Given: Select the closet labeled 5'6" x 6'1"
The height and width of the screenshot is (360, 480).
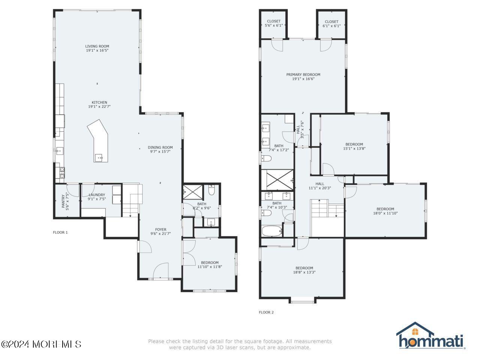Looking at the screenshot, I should (x=273, y=24).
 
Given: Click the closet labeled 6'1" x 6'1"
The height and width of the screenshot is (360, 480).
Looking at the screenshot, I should (x=331, y=24).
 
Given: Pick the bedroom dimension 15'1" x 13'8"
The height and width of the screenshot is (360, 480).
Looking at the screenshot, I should (x=354, y=148).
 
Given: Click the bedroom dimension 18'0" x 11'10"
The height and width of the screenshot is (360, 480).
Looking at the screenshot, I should (x=385, y=213).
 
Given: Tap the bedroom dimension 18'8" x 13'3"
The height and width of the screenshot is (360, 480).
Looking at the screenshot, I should (x=304, y=272).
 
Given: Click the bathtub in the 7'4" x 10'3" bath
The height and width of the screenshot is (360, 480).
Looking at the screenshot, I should (x=271, y=231).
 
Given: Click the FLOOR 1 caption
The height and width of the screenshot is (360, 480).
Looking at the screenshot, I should (x=60, y=232).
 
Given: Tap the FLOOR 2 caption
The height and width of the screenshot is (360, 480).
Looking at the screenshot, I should (x=266, y=312).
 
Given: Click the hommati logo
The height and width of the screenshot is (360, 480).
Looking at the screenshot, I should (x=430, y=336).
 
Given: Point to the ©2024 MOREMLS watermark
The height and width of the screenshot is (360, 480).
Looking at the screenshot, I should (x=41, y=344).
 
